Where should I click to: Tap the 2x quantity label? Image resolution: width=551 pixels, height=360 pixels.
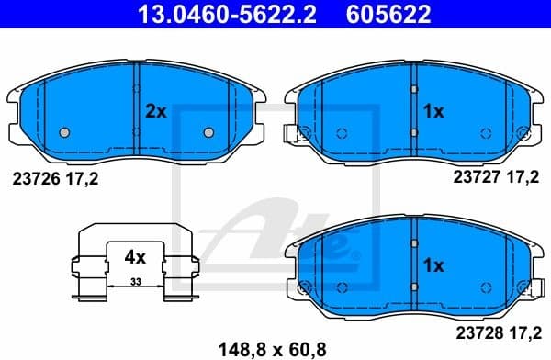(x=155, y=111)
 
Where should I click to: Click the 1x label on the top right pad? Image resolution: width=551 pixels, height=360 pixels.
(x=433, y=111)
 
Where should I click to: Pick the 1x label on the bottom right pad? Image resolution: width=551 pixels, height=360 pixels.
(x=433, y=264)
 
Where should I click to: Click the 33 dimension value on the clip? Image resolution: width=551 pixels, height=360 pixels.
(x=136, y=281)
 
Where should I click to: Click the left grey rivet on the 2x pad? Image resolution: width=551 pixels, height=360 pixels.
(x=64, y=131)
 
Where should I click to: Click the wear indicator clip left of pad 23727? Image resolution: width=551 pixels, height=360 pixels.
(x=294, y=134)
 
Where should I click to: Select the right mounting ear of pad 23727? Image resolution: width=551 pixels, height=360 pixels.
(x=538, y=94)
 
